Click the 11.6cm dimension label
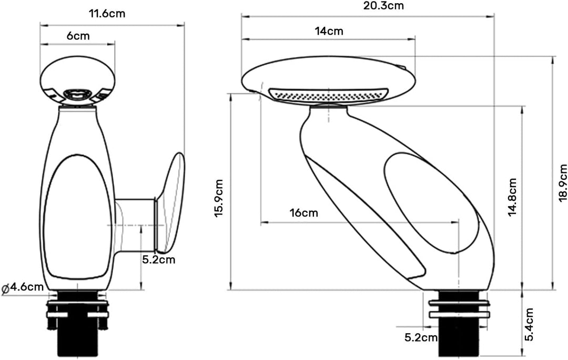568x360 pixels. [x=107, y=14]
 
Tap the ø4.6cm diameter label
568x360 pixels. [x=23, y=288]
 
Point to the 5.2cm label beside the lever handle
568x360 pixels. [x=158, y=260]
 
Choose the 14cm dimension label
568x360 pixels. [x=329, y=31]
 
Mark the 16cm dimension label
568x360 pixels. [x=303, y=212]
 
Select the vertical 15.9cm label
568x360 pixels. [x=219, y=198]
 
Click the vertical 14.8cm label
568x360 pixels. [x=512, y=197]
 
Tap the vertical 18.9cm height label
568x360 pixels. [x=563, y=183]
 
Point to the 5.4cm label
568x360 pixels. [x=529, y=324]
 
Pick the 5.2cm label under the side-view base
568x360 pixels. [x=421, y=337]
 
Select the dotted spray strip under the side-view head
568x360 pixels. [x=329, y=95]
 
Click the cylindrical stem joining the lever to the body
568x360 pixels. [x=135, y=225]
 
